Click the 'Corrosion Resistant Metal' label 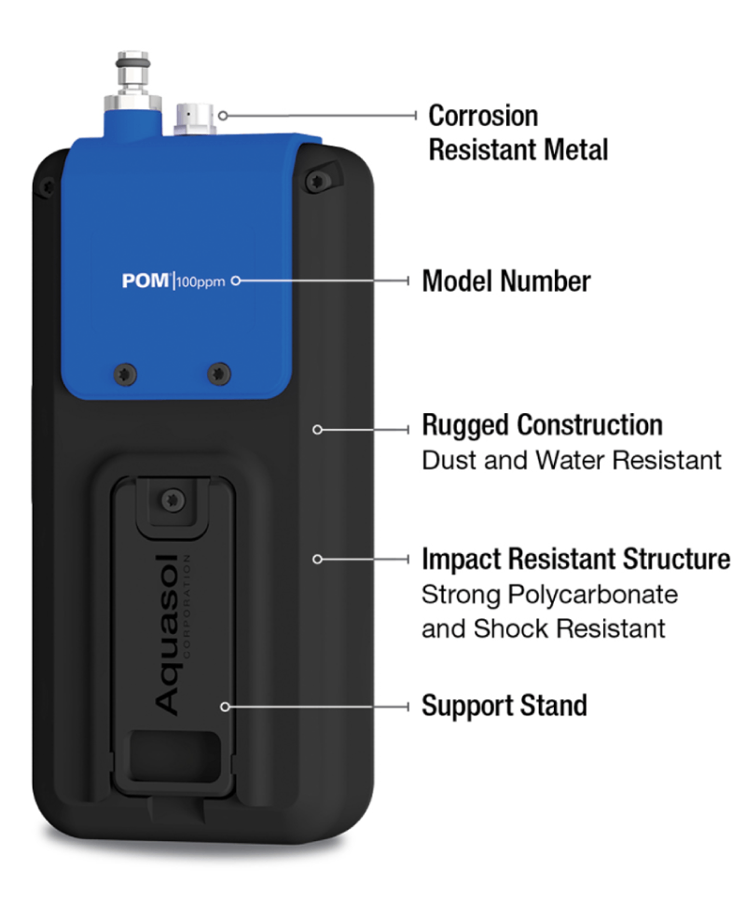tap(518, 132)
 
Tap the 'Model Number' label tap(505, 281)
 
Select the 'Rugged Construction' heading tap(542, 425)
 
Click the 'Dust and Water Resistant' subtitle tap(571, 460)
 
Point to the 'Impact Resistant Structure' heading tap(575, 559)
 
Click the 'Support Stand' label tap(504, 706)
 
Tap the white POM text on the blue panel tap(145, 281)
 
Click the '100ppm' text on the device tap(200, 283)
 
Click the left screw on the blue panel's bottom tap(126, 373)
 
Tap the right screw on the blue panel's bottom tap(218, 373)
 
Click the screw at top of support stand tap(173, 500)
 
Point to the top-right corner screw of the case tap(317, 181)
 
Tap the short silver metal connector tap(196, 118)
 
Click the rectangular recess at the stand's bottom tap(175, 756)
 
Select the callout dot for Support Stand tap(225, 707)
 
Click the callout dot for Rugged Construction tap(317, 430)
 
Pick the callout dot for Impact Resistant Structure tap(317, 559)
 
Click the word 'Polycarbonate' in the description tap(592, 595)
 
